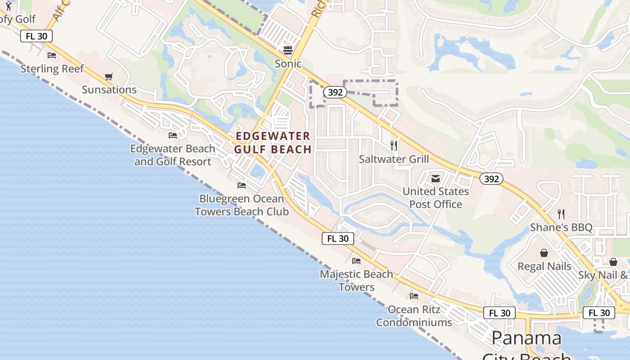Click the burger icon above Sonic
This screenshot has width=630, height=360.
click(288, 50)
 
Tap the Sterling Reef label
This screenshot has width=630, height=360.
click(52, 69)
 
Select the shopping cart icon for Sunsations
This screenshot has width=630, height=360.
click(108, 77)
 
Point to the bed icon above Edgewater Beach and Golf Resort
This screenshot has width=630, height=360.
click(173, 135)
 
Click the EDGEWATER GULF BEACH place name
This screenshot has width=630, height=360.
click(273, 143)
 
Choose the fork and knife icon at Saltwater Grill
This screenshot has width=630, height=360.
click(394, 146)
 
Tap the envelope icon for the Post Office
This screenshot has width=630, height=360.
click(435, 179)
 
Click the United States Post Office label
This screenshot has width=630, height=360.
click(436, 198)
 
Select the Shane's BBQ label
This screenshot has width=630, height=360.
click(561, 227)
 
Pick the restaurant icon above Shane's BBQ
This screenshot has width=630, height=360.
click(561, 214)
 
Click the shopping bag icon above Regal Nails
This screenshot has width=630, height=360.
click(544, 253)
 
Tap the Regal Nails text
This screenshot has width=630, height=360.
click(544, 266)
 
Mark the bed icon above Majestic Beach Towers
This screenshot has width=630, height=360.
click(356, 261)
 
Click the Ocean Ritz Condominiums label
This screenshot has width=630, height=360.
click(414, 316)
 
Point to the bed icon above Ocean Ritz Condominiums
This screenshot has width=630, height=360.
click(414, 296)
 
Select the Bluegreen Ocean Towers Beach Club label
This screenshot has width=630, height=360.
click(242, 205)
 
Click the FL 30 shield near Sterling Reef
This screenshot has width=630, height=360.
click(36, 36)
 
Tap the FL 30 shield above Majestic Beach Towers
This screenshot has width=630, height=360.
click(337, 238)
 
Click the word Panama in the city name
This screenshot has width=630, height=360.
click(526, 338)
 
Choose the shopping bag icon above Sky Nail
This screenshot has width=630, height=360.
click(613, 262)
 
